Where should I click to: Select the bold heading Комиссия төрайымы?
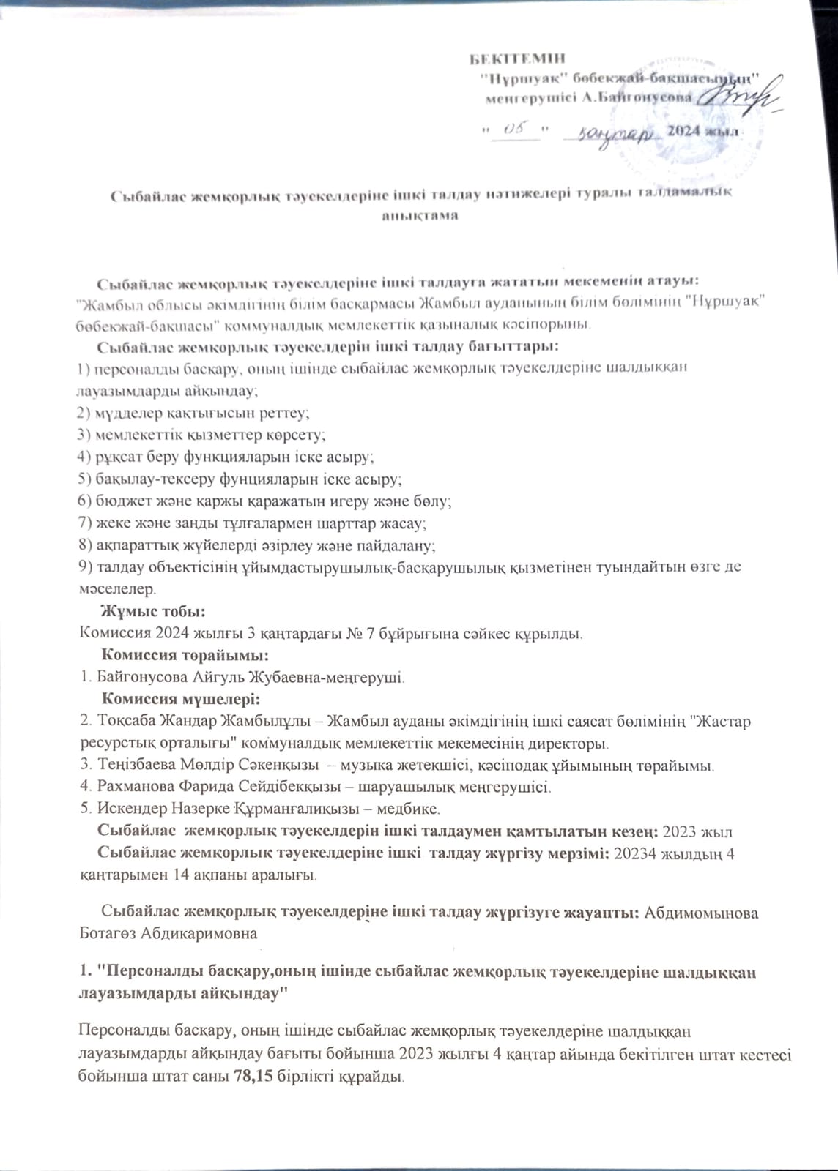[183, 654]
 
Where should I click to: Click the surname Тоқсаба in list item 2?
[125, 722]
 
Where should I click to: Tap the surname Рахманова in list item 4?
[129, 787]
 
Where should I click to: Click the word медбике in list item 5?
[416, 809]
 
